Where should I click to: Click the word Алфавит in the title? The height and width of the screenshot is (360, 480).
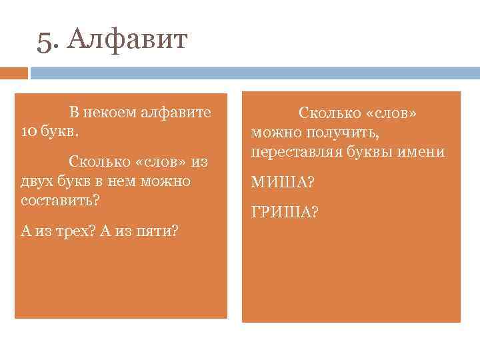128,41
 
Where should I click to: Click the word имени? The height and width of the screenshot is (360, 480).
427,151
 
